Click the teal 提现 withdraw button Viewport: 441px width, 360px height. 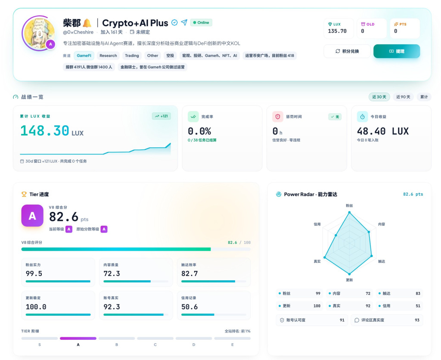pos(397,51)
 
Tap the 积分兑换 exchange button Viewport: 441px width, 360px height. pos(347,51)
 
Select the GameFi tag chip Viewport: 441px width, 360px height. pos(84,56)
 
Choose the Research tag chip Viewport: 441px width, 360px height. pos(108,56)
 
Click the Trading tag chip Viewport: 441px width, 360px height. pos(132,56)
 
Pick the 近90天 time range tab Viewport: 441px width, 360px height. pos(403,97)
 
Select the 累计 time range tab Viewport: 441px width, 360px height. pos(424,97)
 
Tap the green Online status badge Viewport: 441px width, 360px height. pos(201,22)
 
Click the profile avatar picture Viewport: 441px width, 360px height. pos(39,33)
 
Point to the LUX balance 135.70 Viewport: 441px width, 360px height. pos(337,31)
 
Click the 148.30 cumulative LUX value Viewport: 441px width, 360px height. pos(45,131)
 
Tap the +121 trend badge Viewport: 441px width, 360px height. pos(161,116)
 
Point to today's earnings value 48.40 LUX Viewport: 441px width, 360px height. pos(383,131)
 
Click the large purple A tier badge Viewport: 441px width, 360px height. pos(32,216)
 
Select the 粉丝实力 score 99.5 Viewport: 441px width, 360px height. pos(34,273)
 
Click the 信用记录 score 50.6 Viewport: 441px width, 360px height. pos(189,307)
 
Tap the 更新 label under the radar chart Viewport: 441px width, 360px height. pos(349,280)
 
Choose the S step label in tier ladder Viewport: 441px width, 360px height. pos(40,345)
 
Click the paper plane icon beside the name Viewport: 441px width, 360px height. pos(184,22)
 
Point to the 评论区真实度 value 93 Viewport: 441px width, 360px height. pos(417,320)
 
